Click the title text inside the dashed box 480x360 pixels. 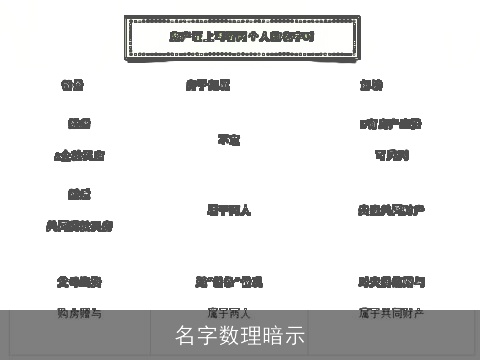coord(242,36)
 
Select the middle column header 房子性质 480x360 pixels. coord(208,85)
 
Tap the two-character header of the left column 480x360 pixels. coord(72,85)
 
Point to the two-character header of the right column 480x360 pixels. coord(371,85)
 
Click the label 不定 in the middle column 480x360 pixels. coord(228,140)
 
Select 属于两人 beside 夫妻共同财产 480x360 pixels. coord(228,210)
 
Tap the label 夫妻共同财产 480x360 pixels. coord(391,210)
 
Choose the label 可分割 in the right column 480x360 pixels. coord(391,155)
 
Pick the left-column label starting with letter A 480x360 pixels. coord(79,156)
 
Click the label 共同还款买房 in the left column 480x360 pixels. coord(79,226)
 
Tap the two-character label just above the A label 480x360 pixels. coord(79,124)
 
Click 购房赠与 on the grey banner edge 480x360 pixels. coord(79,313)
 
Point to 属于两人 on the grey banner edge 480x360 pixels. coord(228,313)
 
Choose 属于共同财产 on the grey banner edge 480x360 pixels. coord(391,313)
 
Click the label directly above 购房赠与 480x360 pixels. coord(79,282)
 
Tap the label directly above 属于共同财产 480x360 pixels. coord(391,282)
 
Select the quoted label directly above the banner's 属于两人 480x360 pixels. coord(228,282)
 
